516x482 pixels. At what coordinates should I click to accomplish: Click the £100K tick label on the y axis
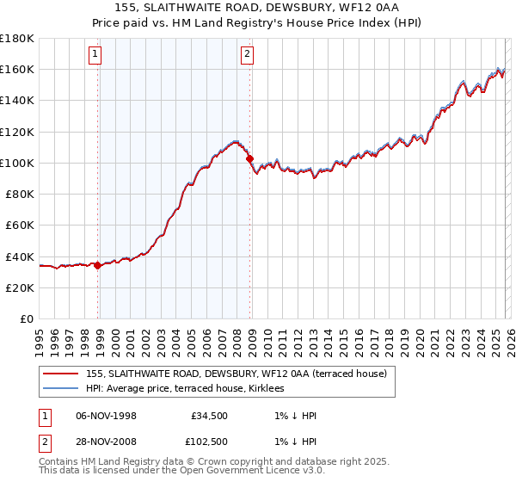point(17,163)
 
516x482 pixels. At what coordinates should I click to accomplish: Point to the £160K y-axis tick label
point(17,69)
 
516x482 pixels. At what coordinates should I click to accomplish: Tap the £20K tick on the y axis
point(20,287)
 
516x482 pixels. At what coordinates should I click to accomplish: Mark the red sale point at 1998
point(98,265)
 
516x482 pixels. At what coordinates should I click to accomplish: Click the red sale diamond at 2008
point(250,158)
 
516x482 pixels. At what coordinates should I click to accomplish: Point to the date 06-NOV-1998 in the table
point(107,416)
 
